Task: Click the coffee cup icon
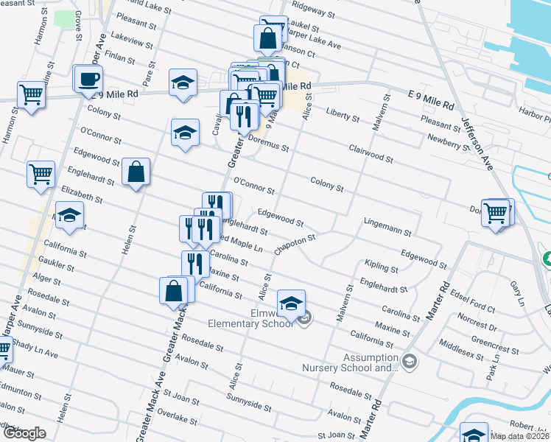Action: pyautogui.click(x=89, y=79)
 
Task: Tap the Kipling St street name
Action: pyautogui.click(x=382, y=265)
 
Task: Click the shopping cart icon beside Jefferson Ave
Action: pyautogui.click(x=496, y=212)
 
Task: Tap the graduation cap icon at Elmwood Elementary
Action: pyautogui.click(x=292, y=304)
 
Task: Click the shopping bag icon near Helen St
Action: pyautogui.click(x=136, y=172)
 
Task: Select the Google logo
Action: pyautogui.click(x=24, y=433)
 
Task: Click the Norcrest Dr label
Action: pyautogui.click(x=477, y=319)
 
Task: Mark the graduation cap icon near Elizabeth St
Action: pyautogui.click(x=69, y=214)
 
